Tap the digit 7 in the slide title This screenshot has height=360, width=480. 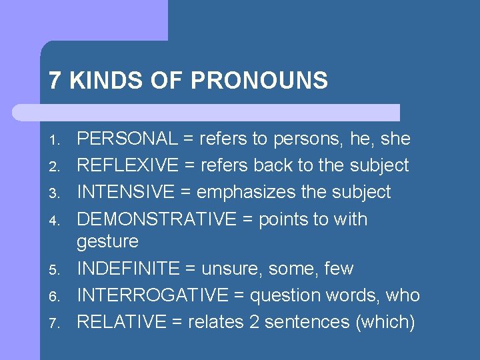pyautogui.click(x=55, y=81)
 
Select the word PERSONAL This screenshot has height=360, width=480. pyautogui.click(x=127, y=139)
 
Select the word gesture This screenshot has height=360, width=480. pyautogui.click(x=107, y=241)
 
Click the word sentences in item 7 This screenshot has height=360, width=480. pyautogui.click(x=309, y=322)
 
